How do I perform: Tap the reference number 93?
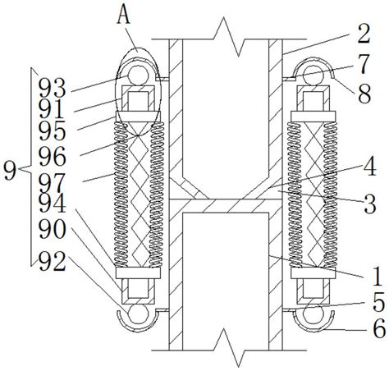[52, 88]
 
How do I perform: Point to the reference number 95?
[52, 131]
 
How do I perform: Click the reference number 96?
[52, 156]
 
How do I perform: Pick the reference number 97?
[52, 183]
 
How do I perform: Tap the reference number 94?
[52, 203]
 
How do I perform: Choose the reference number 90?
[52, 229]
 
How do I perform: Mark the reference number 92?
[52, 261]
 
